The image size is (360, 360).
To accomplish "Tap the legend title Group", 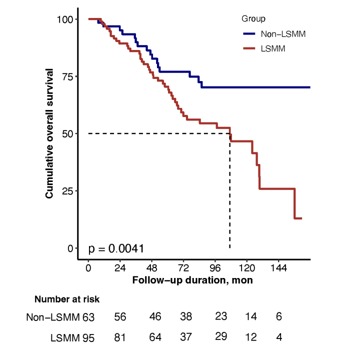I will pyautogui.click(x=253, y=19).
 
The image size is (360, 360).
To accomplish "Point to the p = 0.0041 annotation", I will pyautogui.click(x=116, y=248).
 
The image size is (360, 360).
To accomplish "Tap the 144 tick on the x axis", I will pyautogui.click(x=279, y=268).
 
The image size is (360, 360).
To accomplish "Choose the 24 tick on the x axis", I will pyautogui.click(x=120, y=268).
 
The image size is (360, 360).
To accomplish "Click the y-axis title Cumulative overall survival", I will pyautogui.click(x=49, y=133).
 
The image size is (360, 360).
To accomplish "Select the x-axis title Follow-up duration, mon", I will pyautogui.click(x=192, y=280).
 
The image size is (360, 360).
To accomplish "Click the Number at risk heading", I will pyautogui.click(x=67, y=299).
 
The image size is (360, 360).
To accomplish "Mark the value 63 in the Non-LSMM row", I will pyautogui.click(x=88, y=316).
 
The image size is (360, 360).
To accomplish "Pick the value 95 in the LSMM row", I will pyautogui.click(x=88, y=337).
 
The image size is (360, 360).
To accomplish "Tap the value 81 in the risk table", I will pyautogui.click(x=120, y=337).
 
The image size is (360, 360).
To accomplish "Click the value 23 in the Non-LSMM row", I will pyautogui.click(x=221, y=316).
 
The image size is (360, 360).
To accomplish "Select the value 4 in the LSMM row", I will pyautogui.click(x=279, y=337).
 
